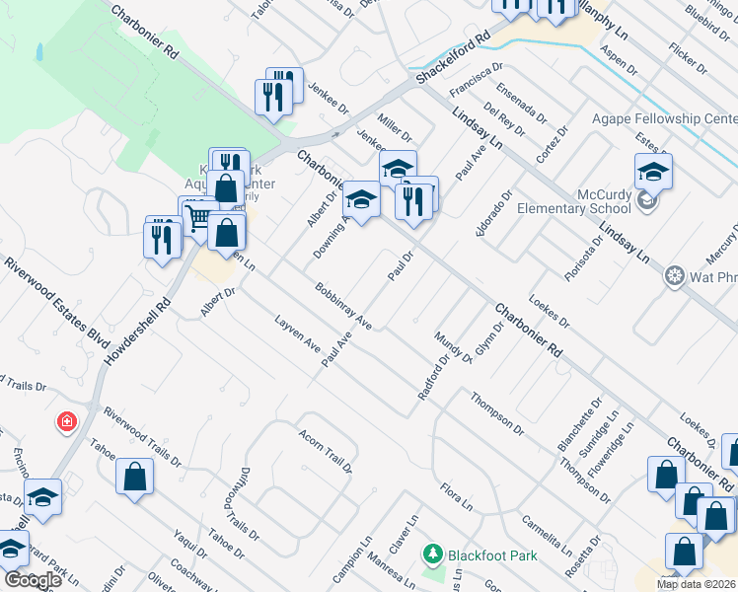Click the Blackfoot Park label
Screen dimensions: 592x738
click(492, 555)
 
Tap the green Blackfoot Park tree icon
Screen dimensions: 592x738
click(431, 555)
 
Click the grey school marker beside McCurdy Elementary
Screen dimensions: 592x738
click(647, 202)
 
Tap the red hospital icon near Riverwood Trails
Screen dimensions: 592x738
click(67, 422)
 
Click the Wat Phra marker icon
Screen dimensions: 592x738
click(676, 274)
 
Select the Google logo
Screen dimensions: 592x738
click(32, 579)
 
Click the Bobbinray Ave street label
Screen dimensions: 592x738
click(342, 307)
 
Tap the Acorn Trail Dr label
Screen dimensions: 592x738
click(326, 450)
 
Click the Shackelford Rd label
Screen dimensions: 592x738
click(453, 61)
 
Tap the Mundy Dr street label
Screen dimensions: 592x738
click(453, 346)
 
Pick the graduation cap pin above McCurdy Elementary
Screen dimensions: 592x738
click(653, 172)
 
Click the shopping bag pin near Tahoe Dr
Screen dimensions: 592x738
click(134, 477)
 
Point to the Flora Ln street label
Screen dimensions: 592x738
click(457, 496)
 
